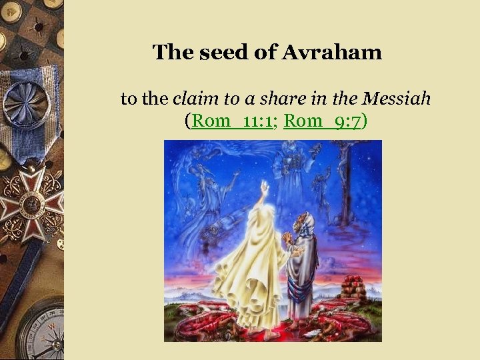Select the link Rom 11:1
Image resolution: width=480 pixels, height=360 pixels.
pyautogui.click(x=233, y=122)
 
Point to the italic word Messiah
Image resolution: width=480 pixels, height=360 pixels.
pyautogui.click(x=397, y=99)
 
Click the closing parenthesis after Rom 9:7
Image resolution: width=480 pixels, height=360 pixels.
pyautogui.click(x=365, y=122)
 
